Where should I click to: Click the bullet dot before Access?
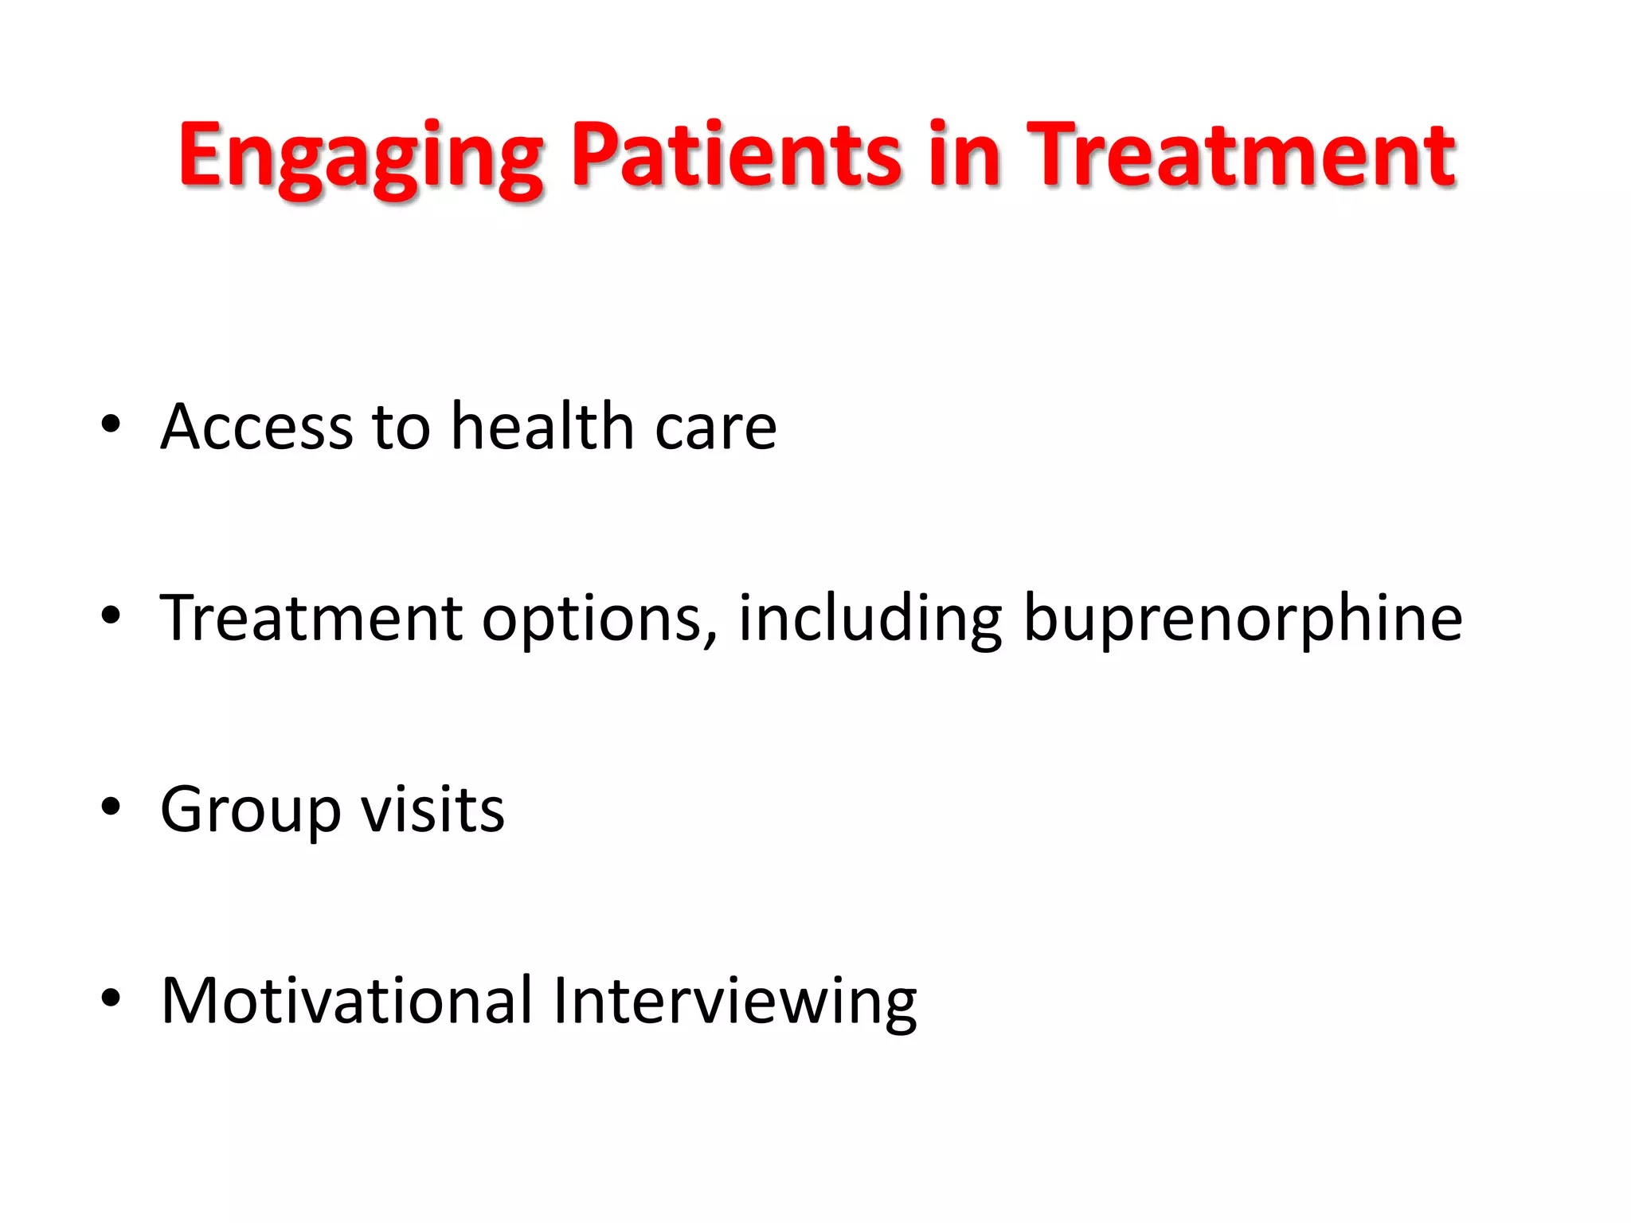coord(111,425)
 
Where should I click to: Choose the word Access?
coord(256,427)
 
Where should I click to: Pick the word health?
coord(542,427)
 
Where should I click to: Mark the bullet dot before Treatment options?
coord(111,616)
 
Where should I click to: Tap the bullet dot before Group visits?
coord(111,807)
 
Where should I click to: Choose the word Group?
coord(251,811)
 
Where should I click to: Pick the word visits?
coord(432,811)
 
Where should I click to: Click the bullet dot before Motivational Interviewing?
coord(111,998)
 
